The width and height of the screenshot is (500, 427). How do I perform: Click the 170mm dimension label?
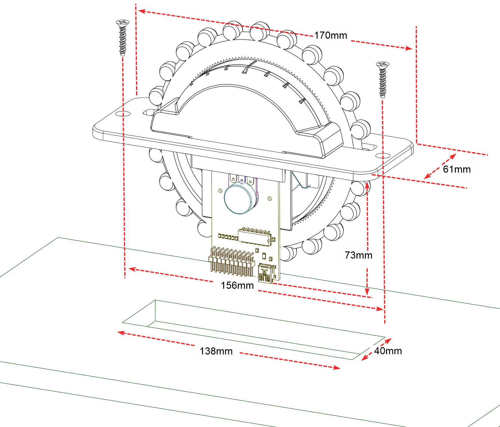pyautogui.click(x=330, y=36)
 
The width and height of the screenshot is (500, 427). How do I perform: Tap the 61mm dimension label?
pyautogui.click(x=456, y=169)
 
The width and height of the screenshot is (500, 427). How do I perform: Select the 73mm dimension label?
pyautogui.click(x=358, y=255)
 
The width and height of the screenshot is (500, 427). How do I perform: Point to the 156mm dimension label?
pyautogui.click(x=237, y=286)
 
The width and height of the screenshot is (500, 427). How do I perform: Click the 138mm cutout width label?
pyautogui.click(x=216, y=351)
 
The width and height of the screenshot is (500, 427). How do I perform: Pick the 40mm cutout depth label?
pyautogui.click(x=388, y=351)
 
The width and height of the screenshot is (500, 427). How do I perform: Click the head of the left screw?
pyautogui.click(x=122, y=22)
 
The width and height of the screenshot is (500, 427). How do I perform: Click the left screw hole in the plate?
pyautogui.click(x=123, y=114)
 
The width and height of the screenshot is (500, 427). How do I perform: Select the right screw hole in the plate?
pyautogui.click(x=383, y=155)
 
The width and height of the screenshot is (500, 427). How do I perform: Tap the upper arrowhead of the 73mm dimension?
pyautogui.click(x=367, y=184)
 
